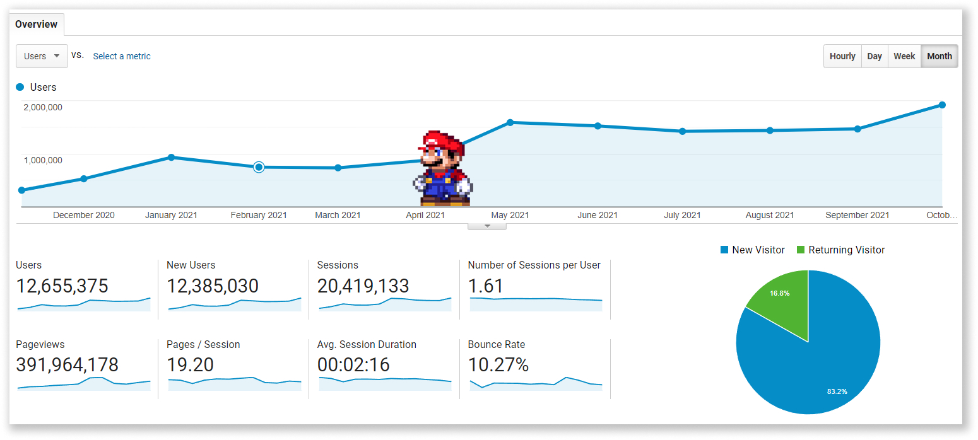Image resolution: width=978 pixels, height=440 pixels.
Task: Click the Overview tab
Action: click(36, 25)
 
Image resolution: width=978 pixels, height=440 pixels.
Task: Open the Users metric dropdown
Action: click(42, 56)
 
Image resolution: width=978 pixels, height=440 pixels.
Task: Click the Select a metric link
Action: click(122, 56)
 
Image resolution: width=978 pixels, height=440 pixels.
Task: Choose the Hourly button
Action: click(842, 56)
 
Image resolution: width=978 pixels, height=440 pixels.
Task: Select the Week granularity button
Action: click(904, 56)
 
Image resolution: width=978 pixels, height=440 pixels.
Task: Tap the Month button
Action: click(940, 56)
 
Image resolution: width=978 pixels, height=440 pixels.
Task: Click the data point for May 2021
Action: click(510, 122)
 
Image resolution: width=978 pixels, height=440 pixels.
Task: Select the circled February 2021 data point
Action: click(259, 167)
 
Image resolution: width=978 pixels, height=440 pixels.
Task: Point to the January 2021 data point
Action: click(171, 157)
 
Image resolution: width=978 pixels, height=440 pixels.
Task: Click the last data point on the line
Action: click(942, 105)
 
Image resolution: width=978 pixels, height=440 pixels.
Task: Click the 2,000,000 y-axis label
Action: click(43, 107)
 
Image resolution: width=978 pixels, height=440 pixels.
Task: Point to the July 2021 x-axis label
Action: click(682, 215)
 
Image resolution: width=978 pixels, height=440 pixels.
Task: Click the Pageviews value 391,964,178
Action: click(67, 365)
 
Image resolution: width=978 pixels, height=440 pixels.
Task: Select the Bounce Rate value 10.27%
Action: click(498, 365)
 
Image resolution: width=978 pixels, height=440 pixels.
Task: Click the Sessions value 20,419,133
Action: click(363, 286)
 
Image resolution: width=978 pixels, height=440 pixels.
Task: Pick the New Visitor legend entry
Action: click(752, 250)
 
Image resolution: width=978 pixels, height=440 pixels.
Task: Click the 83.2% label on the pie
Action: click(837, 391)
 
